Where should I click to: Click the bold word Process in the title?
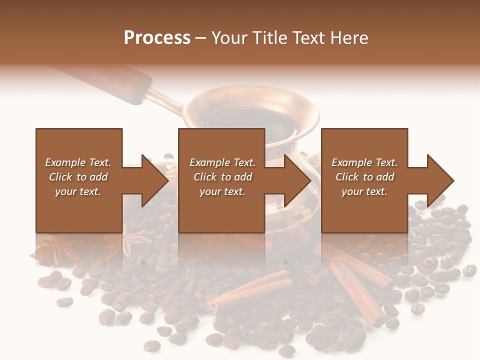(x=157, y=38)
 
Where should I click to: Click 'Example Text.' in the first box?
(x=78, y=162)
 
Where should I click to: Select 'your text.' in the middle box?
(x=222, y=191)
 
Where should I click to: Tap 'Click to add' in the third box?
(x=365, y=177)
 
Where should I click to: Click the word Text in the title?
(x=306, y=38)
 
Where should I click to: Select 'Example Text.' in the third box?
(x=364, y=162)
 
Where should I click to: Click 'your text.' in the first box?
(x=78, y=191)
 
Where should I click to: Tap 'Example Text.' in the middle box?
(x=222, y=162)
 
